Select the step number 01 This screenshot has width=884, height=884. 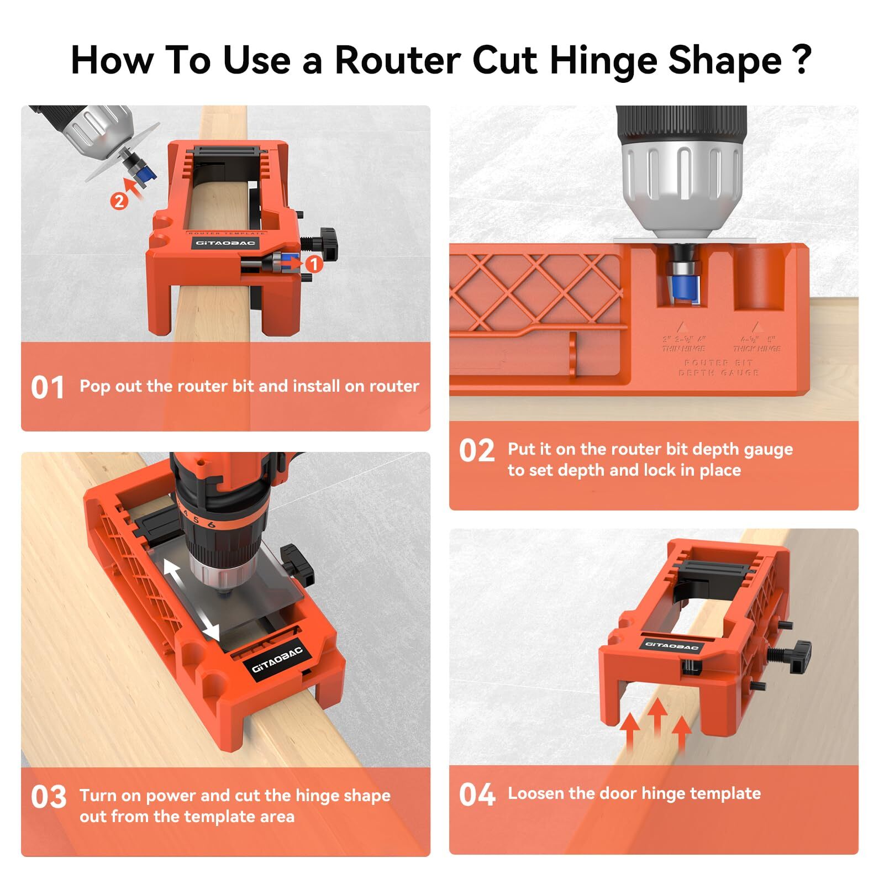pyautogui.click(x=48, y=387)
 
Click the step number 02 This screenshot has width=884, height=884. pyautogui.click(x=476, y=451)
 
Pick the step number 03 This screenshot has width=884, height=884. pyautogui.click(x=49, y=797)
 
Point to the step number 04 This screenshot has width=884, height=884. pyautogui.click(x=476, y=795)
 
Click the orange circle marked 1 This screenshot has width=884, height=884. pyautogui.click(x=314, y=264)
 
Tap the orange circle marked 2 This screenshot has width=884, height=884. pyautogui.click(x=119, y=201)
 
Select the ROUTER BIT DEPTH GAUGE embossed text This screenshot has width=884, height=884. pyautogui.click(x=718, y=367)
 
